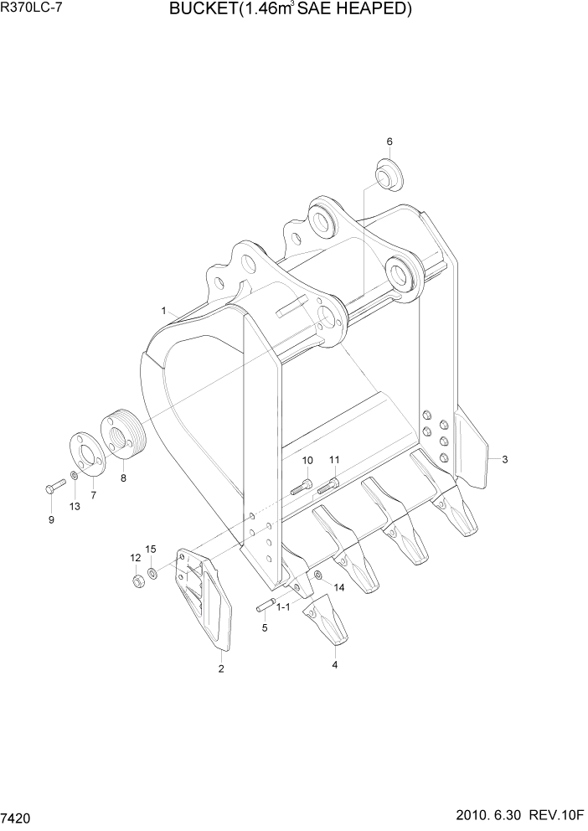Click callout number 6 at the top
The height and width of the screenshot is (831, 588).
[x=389, y=141]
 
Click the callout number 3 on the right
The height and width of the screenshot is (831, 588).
[x=504, y=459]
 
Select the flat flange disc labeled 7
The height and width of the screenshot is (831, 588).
[x=85, y=453]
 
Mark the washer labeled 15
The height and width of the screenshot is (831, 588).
[x=152, y=574]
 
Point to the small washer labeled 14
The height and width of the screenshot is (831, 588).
[x=318, y=574]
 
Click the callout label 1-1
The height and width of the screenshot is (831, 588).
[x=283, y=606]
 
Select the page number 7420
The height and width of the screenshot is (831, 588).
[x=17, y=817]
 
